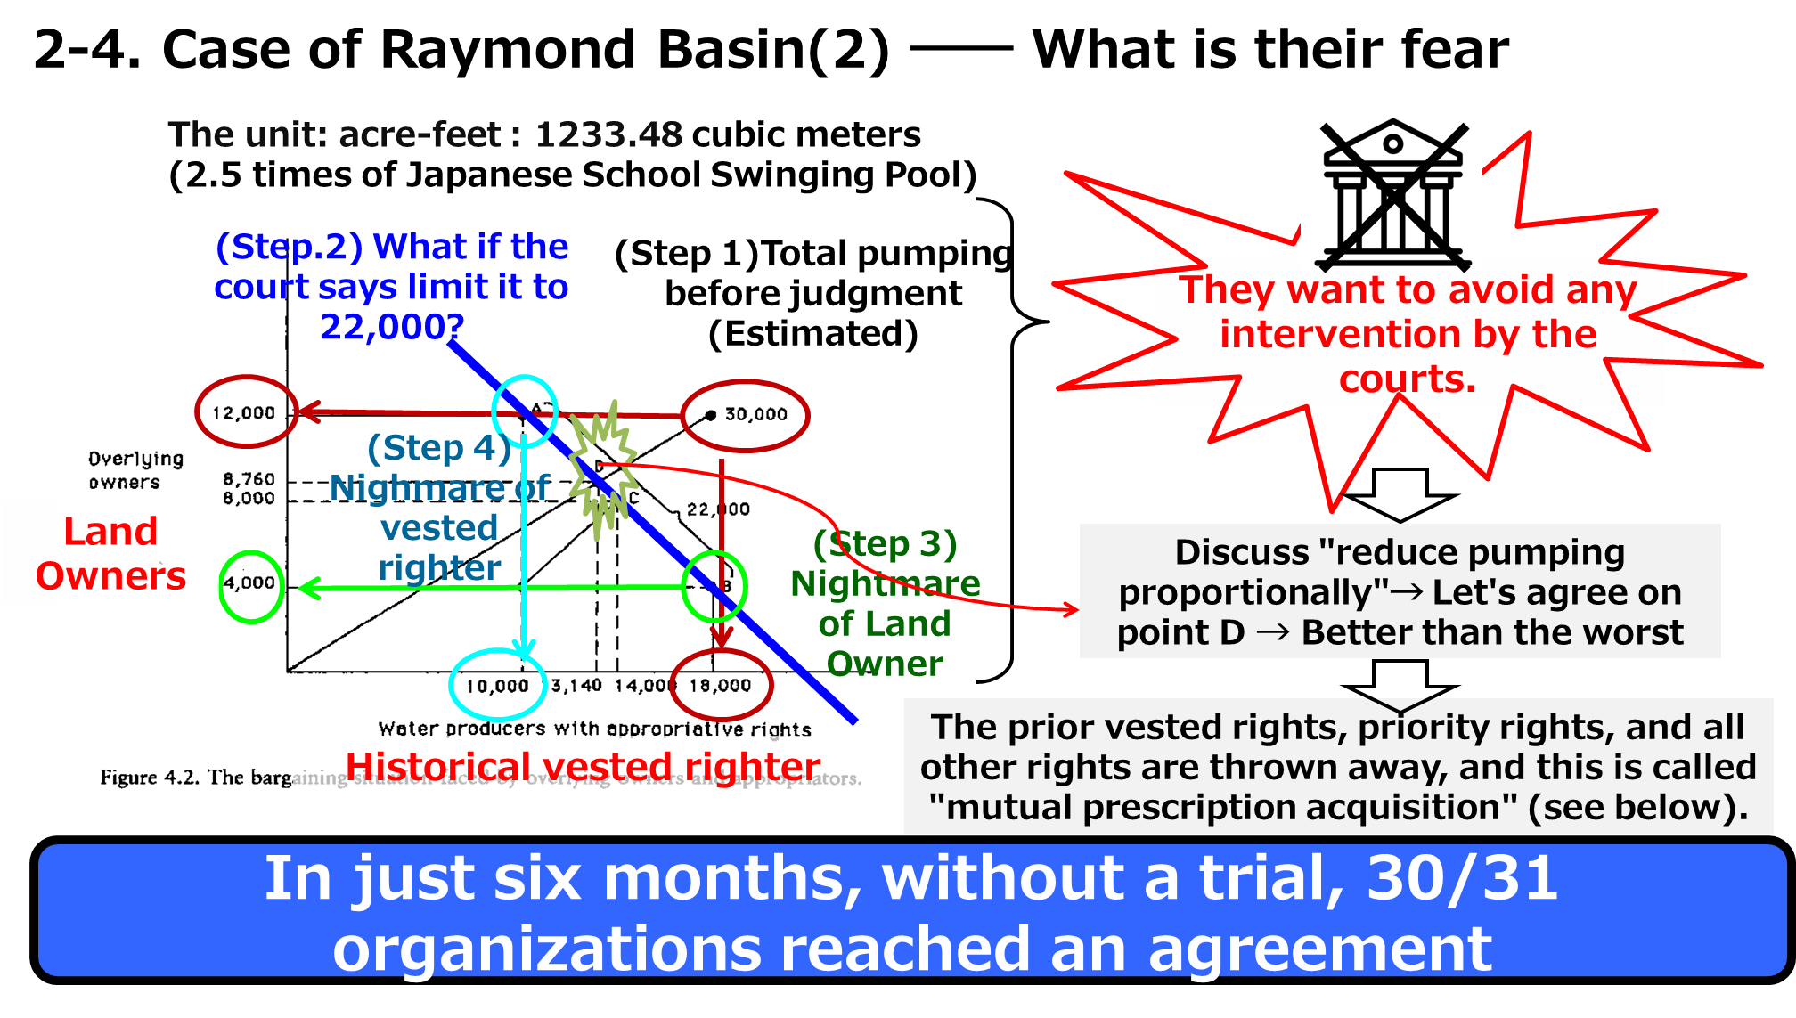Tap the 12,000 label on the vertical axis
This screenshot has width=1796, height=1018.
pos(243,413)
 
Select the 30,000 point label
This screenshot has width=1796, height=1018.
pos(755,414)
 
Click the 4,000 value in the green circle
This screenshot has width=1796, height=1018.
pos(249,583)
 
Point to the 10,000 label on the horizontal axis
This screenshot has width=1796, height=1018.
pos(497,687)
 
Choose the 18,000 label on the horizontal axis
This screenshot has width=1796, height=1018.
pos(720,686)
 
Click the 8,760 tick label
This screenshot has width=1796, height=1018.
pos(249,479)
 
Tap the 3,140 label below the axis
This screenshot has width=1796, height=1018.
pos(576,686)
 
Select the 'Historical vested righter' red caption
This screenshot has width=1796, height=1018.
pos(583,766)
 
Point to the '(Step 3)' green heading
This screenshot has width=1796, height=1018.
pos(885,544)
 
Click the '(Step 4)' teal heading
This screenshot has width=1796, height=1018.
pos(439,448)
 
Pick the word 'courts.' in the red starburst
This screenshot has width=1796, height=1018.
pos(1408,379)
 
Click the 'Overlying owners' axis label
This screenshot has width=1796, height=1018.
pos(135,470)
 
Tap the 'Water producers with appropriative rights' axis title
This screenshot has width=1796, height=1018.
pos(594,729)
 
